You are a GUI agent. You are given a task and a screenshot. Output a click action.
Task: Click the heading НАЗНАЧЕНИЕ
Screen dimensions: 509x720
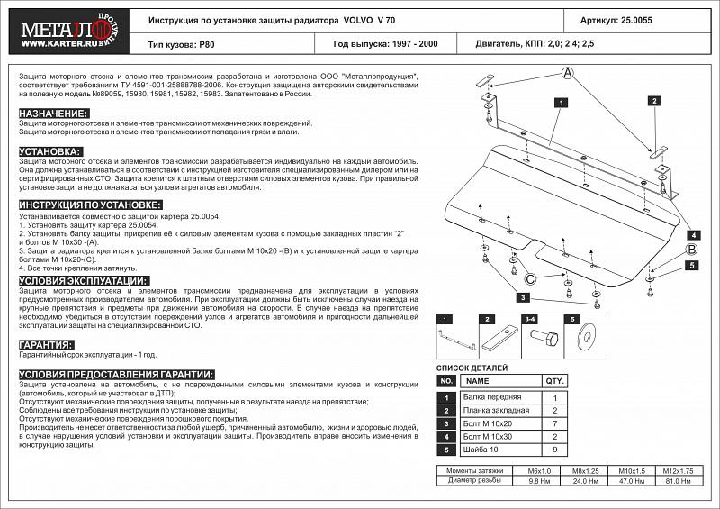point(53,113)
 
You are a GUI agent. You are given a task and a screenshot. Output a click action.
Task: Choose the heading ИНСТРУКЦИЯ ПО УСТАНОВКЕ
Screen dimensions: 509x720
point(90,206)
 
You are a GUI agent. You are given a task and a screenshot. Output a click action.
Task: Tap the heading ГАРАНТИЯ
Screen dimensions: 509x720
point(45,345)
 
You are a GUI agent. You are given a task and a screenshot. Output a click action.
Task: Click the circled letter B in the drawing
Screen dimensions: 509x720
point(691,249)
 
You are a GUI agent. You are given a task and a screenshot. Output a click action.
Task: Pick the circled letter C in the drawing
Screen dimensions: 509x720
point(531,278)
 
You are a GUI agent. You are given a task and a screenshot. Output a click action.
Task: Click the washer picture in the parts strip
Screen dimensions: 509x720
point(589,339)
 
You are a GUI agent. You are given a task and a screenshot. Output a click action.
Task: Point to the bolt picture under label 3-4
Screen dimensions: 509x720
point(543,339)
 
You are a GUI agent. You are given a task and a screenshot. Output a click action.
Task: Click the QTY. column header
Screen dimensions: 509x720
point(555,381)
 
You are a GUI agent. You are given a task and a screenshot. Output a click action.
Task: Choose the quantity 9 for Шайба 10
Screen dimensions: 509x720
point(555,448)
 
